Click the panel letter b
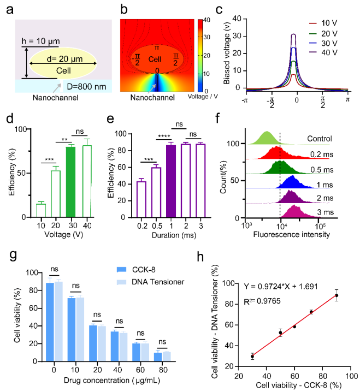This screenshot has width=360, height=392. tap(123, 8)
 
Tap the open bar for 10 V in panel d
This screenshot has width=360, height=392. tap(41, 210)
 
